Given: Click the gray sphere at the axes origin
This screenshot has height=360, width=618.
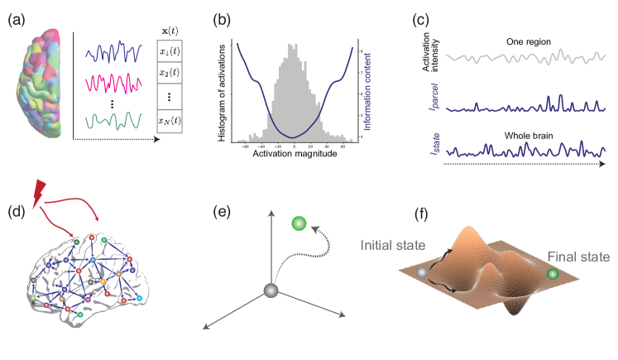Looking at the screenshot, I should [x=271, y=290].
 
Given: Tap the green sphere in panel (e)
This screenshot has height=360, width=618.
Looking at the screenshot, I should [x=299, y=223].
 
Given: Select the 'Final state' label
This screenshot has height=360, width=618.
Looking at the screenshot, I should [x=578, y=257].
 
